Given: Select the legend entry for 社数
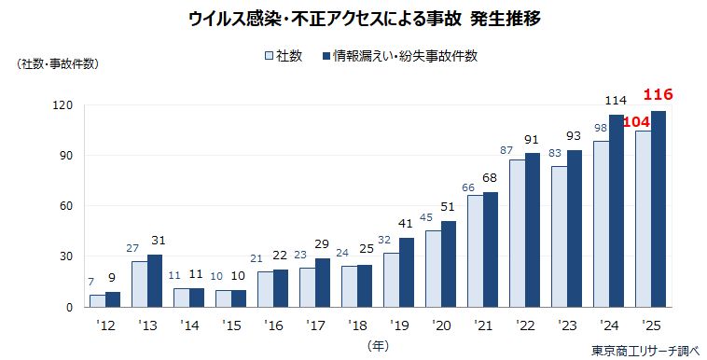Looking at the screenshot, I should [284, 56].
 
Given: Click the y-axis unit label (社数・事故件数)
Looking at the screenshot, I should [57, 64].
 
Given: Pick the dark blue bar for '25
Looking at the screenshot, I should [658, 209].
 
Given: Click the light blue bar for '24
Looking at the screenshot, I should [602, 224].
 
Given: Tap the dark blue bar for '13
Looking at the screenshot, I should [155, 280].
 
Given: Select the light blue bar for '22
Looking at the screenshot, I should [516, 233].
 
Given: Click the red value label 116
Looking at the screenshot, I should [658, 95].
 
